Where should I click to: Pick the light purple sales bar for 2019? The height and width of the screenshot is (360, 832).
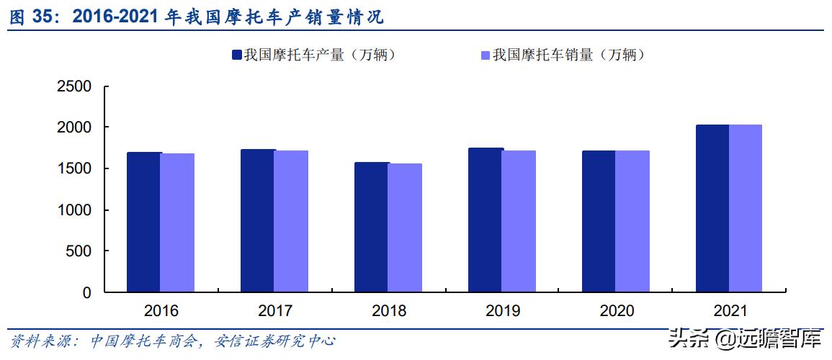pos(519,221)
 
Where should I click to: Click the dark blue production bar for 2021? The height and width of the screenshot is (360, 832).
pos(712,208)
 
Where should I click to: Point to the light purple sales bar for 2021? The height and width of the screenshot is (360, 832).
pos(746,208)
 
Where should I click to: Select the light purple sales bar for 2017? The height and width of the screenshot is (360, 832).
pos(291,221)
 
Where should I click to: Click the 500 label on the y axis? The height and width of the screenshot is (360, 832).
pos(79,251)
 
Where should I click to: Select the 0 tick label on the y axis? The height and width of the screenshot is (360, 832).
pos(86,292)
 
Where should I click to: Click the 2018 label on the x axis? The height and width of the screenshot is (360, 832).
pos(389,311)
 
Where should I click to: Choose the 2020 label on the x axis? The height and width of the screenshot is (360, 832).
pos(617,311)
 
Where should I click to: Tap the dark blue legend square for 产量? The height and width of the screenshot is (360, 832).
pos(236,55)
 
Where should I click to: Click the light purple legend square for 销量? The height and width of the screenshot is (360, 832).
pos(485,55)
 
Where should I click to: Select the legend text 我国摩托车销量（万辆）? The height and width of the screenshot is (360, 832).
pos(569,55)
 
